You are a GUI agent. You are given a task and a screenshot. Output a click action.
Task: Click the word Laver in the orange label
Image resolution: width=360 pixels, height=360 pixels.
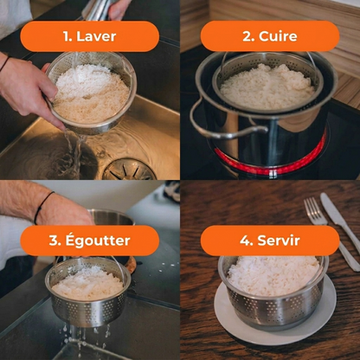96,36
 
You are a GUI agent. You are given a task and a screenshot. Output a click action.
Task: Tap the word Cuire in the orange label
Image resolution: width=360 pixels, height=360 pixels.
278,36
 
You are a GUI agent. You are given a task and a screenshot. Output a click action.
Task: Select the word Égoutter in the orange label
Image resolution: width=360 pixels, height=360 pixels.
98,241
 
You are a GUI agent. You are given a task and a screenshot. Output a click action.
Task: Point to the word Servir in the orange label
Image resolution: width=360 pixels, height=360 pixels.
279,240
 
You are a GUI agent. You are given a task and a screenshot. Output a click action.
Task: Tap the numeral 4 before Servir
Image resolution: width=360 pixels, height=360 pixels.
246,241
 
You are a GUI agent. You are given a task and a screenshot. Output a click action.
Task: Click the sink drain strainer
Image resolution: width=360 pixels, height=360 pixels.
129,170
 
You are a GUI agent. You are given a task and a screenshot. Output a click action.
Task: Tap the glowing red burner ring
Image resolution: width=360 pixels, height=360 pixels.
270,162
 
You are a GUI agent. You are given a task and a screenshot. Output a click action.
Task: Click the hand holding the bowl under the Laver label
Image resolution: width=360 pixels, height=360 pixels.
28,87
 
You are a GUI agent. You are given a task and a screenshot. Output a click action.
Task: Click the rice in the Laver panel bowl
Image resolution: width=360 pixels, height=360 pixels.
91,93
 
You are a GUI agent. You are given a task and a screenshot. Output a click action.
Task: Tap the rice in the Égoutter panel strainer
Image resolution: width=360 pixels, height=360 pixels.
87,283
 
